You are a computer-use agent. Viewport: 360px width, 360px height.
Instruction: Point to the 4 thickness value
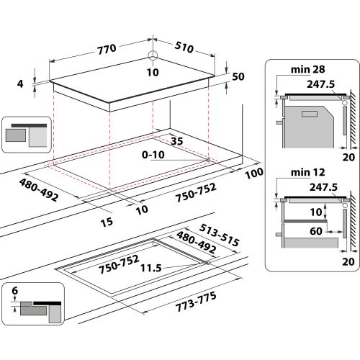pos(21,84)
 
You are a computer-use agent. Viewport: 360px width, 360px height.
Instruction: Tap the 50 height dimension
pos(239,77)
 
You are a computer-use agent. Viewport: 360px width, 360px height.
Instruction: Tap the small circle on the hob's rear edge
pos(153,55)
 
